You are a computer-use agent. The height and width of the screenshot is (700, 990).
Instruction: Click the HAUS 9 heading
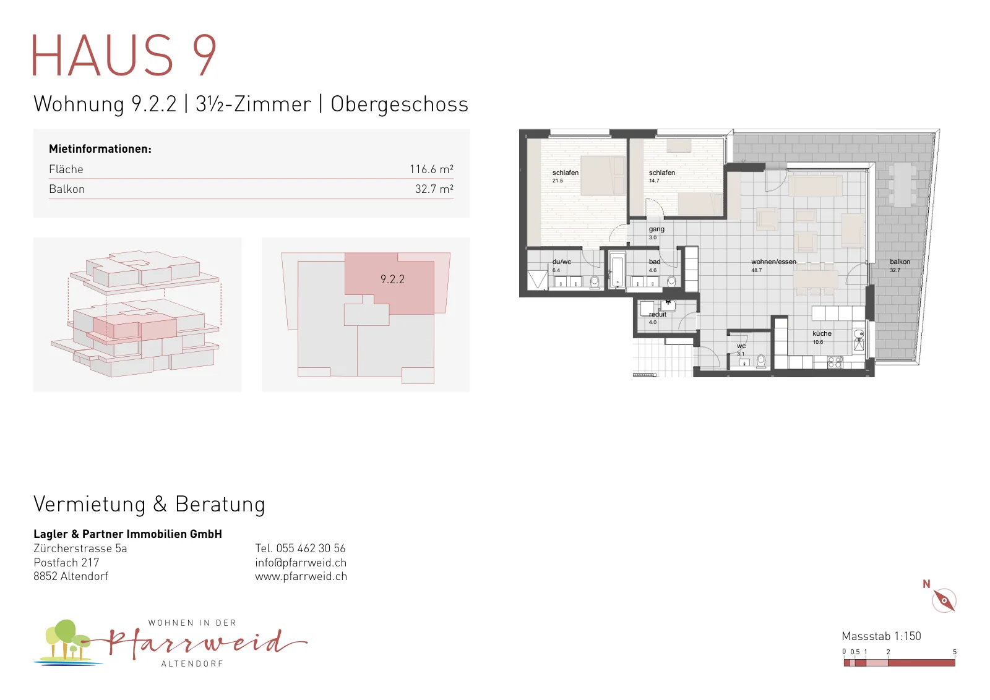[124, 55]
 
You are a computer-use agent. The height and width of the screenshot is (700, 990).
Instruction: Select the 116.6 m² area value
[431, 169]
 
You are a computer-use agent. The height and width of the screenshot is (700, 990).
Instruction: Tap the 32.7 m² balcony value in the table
[434, 189]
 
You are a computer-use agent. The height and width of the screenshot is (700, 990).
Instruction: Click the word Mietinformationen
[100, 149]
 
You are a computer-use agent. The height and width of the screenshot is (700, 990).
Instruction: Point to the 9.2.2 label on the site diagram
[392, 279]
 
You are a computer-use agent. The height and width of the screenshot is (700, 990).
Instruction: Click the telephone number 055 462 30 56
[311, 548]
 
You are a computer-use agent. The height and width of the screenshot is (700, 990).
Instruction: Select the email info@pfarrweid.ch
[301, 562]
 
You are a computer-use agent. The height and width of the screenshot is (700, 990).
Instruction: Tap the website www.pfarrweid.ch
[301, 576]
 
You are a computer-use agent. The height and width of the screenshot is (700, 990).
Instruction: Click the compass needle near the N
[944, 600]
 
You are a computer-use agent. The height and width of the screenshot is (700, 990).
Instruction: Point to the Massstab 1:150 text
[881, 636]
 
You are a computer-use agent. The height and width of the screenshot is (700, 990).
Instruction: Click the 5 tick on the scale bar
[955, 652]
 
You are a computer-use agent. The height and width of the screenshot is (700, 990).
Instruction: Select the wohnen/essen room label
[773, 262]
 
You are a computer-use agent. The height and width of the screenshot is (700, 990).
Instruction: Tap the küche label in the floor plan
[822, 333]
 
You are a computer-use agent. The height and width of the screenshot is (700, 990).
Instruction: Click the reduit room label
[657, 315]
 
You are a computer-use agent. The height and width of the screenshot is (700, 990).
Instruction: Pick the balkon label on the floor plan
[900, 262]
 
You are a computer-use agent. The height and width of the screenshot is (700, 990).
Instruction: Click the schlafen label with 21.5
[566, 173]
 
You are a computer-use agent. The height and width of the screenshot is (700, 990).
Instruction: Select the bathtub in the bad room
[617, 270]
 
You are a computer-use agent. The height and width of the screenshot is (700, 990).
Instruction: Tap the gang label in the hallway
[656, 229]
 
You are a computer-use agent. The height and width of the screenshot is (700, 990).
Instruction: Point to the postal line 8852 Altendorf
[71, 576]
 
